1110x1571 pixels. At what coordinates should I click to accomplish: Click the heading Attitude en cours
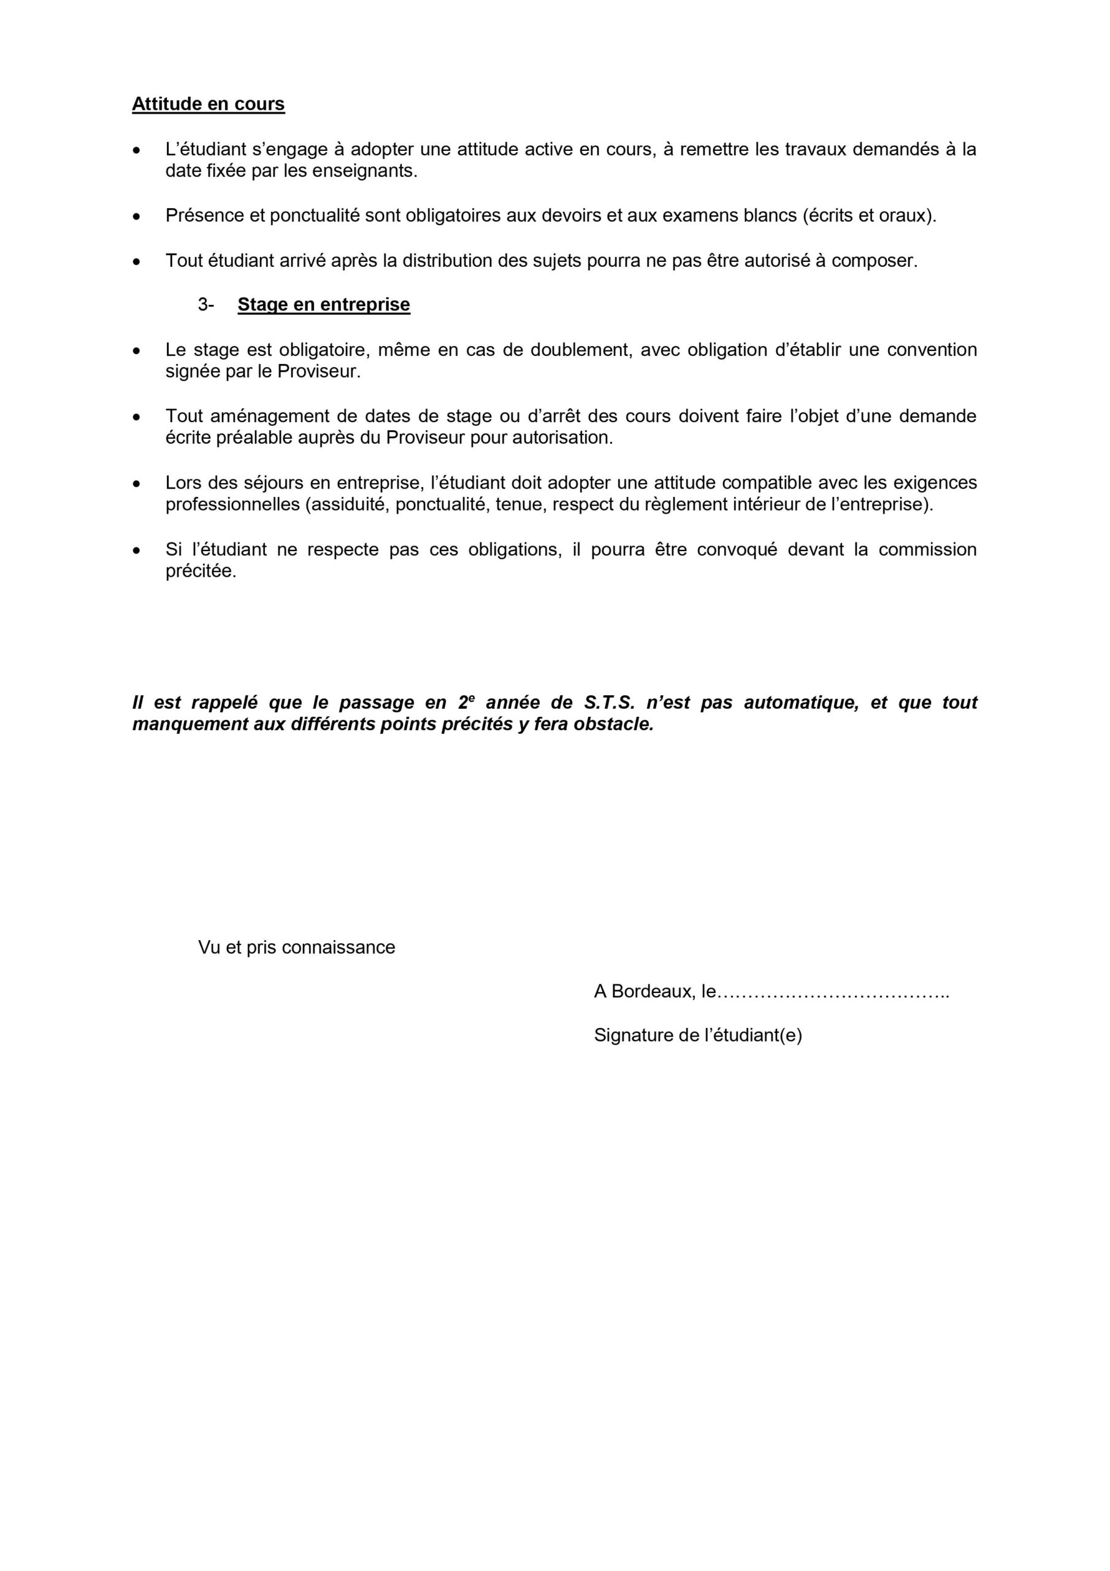(208, 104)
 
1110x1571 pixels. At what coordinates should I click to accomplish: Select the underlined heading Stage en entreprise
(323, 304)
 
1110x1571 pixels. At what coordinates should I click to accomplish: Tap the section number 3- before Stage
(206, 304)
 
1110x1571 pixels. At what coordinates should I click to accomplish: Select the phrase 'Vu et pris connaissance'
(296, 947)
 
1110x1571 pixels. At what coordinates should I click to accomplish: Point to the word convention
(932, 350)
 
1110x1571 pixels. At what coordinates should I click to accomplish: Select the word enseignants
(364, 171)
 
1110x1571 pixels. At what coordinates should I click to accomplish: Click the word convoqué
(737, 549)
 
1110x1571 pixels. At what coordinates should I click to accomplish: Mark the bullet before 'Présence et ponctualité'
(137, 217)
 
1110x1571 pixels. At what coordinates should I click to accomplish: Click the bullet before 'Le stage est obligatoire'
(137, 351)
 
